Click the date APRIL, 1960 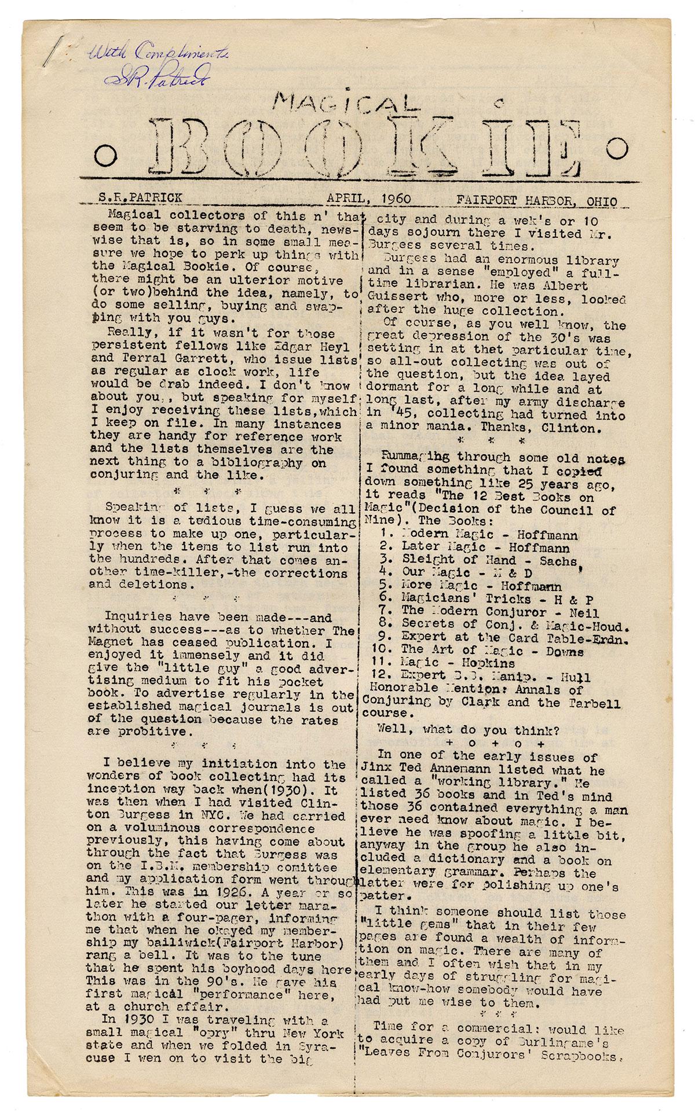click(x=368, y=199)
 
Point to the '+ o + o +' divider click(x=495, y=742)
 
